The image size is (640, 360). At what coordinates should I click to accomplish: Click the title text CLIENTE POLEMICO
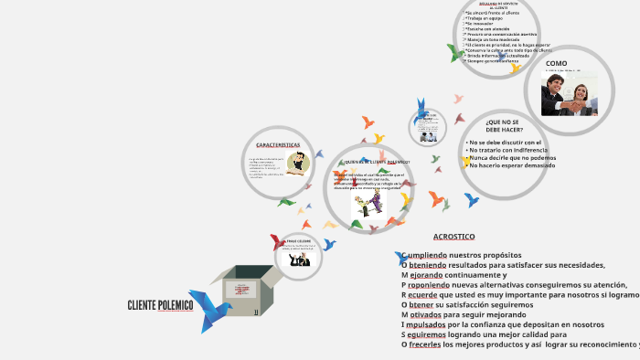160,305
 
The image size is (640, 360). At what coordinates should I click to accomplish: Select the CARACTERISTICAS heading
278,145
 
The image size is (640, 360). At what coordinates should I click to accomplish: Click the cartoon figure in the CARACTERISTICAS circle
297,164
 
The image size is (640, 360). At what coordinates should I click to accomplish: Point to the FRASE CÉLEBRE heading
299,240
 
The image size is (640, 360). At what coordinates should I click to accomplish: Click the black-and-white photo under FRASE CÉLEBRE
299,260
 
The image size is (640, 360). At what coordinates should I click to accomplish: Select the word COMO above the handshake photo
556,63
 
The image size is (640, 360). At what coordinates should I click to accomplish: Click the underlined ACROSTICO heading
453,237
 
